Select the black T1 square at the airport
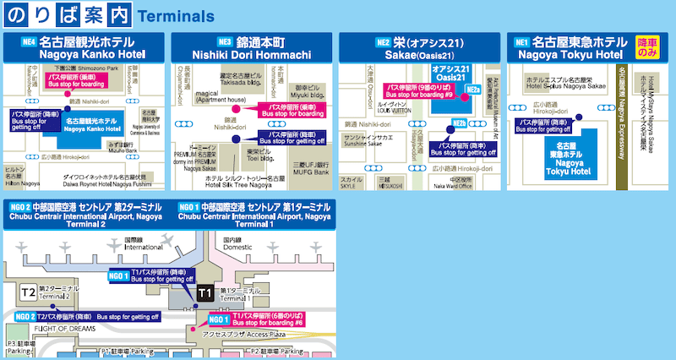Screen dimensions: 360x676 [x=204, y=292]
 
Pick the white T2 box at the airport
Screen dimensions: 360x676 [x=28, y=292]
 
